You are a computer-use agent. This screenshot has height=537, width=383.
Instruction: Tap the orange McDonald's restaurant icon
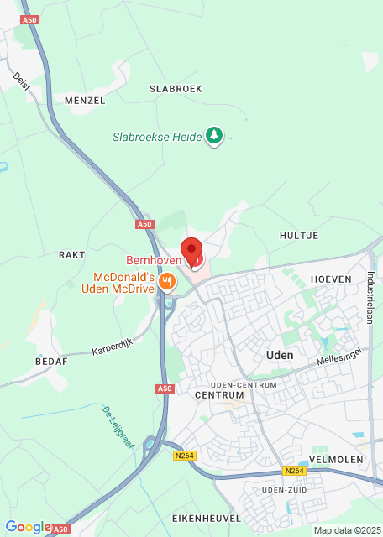(x=166, y=282)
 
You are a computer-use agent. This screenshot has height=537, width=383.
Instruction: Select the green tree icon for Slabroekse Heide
(x=214, y=136)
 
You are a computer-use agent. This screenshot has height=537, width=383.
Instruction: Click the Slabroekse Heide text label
(x=157, y=137)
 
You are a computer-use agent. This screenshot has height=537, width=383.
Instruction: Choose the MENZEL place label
(x=85, y=100)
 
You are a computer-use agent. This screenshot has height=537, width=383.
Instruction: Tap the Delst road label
(x=22, y=82)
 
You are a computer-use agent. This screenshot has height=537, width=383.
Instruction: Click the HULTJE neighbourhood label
(x=299, y=236)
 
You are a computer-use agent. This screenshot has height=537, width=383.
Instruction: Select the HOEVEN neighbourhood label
(x=330, y=279)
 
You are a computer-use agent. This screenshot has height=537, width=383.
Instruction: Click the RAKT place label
(x=71, y=254)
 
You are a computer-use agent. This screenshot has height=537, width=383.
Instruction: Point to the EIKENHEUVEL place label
(x=206, y=519)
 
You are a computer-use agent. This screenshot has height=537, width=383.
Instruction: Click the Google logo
(x=28, y=527)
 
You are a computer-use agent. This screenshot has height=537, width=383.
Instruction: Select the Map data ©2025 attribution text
(x=347, y=530)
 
